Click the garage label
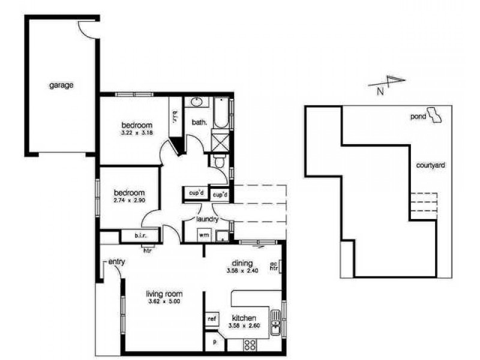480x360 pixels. (61, 85)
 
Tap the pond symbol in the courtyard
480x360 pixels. (437, 115)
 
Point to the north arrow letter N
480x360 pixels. (380, 92)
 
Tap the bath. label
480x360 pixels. (199, 122)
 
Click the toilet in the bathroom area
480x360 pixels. (219, 160)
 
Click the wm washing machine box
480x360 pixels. (203, 235)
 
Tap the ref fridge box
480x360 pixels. (211, 319)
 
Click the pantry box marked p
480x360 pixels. (213, 343)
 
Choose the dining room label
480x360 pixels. (242, 263)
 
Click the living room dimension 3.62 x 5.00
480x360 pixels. (164, 301)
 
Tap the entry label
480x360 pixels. (116, 262)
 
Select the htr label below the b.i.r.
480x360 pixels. (147, 250)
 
